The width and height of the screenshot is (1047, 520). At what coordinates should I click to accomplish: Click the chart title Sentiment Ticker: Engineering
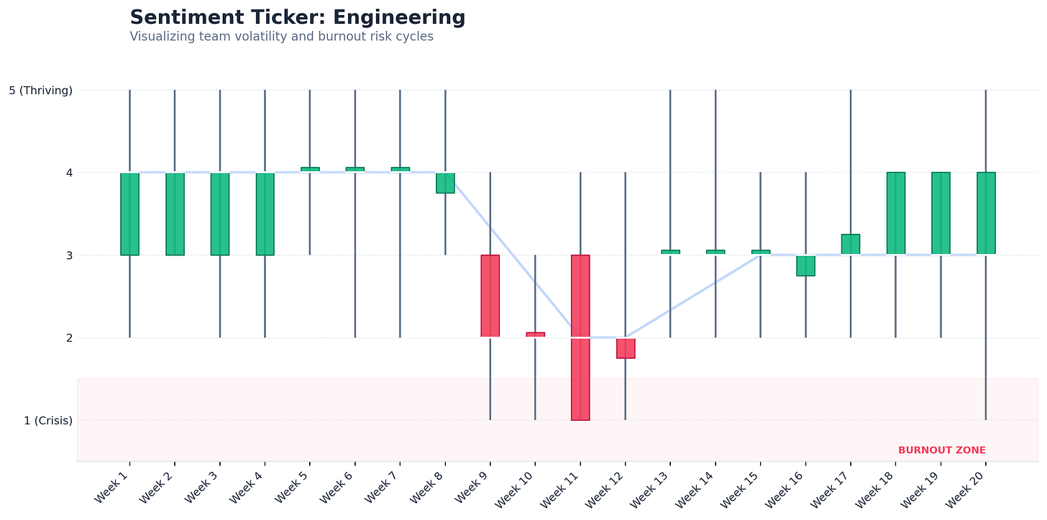pyautogui.click(x=297, y=18)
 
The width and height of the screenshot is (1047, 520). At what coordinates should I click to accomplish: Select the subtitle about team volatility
pyautogui.click(x=281, y=37)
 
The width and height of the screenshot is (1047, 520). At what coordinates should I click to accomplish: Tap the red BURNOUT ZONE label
pyautogui.click(x=942, y=450)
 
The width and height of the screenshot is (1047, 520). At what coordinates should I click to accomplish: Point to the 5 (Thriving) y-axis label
pyautogui.click(x=41, y=90)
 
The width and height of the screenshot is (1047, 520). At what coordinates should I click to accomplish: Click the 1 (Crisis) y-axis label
pyautogui.click(x=48, y=421)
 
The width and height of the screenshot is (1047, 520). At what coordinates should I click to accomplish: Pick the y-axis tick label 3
pyautogui.click(x=70, y=255)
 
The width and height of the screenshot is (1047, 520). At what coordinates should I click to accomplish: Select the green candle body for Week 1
pyautogui.click(x=130, y=214)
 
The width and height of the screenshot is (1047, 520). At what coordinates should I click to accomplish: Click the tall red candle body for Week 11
pyautogui.click(x=580, y=337)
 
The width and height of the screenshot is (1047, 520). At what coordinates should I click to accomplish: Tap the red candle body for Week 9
pyautogui.click(x=490, y=296)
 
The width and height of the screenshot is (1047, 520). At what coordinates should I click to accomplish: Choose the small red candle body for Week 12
pyautogui.click(x=626, y=348)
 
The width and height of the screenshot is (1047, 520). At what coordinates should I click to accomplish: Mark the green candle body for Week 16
pyautogui.click(x=806, y=266)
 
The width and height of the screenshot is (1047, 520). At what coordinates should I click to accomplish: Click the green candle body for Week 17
pyautogui.click(x=851, y=244)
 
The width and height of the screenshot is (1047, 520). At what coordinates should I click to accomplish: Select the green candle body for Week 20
pyautogui.click(x=987, y=213)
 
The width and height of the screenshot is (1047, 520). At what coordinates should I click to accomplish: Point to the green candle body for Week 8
pyautogui.click(x=445, y=183)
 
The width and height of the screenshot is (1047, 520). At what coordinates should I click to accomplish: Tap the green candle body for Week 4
pyautogui.click(x=265, y=214)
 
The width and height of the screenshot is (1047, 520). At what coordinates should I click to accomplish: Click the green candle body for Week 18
pyautogui.click(x=896, y=213)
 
